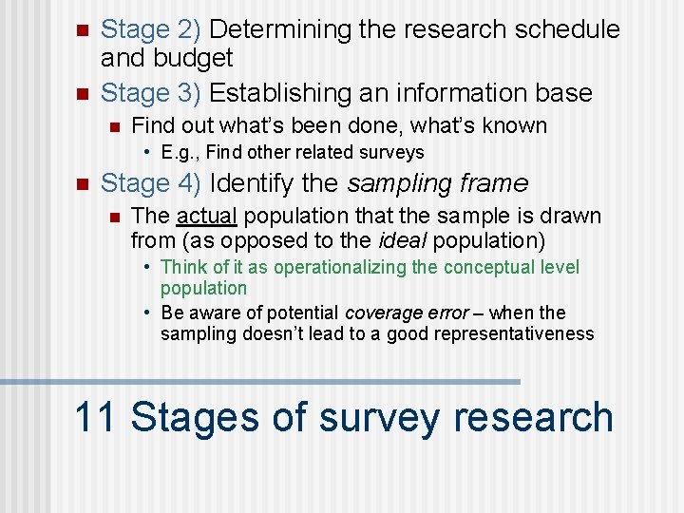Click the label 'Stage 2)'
coord(150,29)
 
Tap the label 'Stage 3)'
coord(150,93)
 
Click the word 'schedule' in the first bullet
coord(563,29)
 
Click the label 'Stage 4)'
coord(150,182)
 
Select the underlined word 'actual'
coord(205,216)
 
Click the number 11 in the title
coord(94,418)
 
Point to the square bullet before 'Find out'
coord(113,126)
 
